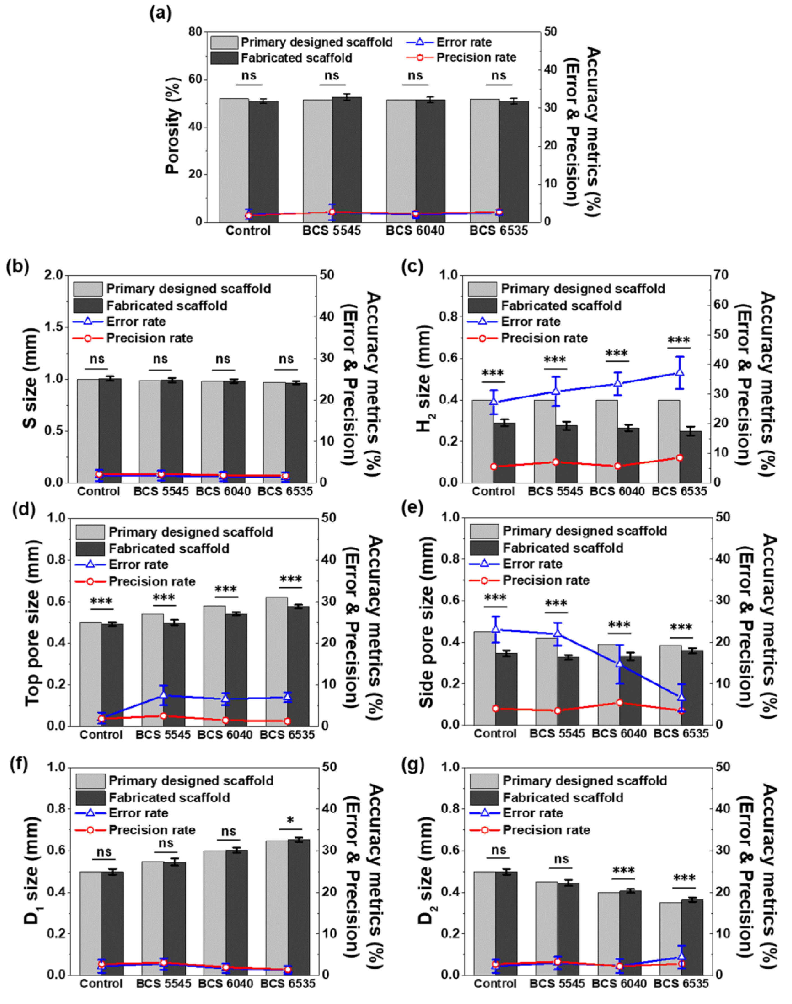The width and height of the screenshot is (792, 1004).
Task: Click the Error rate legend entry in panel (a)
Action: (x=449, y=42)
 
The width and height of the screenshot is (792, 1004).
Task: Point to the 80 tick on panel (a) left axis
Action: (x=195, y=31)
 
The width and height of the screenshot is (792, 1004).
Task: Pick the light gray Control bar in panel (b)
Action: (x=88, y=431)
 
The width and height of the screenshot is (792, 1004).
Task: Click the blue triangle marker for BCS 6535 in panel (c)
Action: (x=680, y=372)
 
